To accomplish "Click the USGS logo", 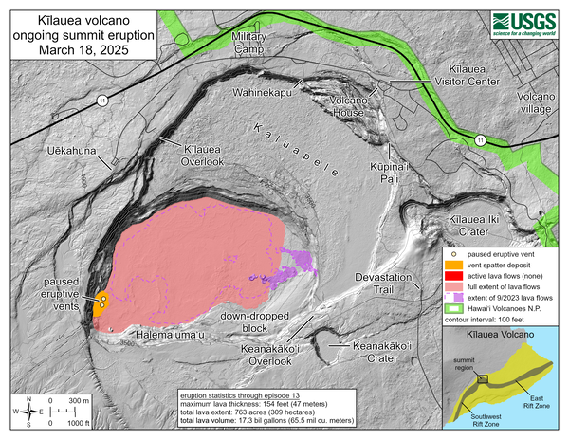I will point(523,25).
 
